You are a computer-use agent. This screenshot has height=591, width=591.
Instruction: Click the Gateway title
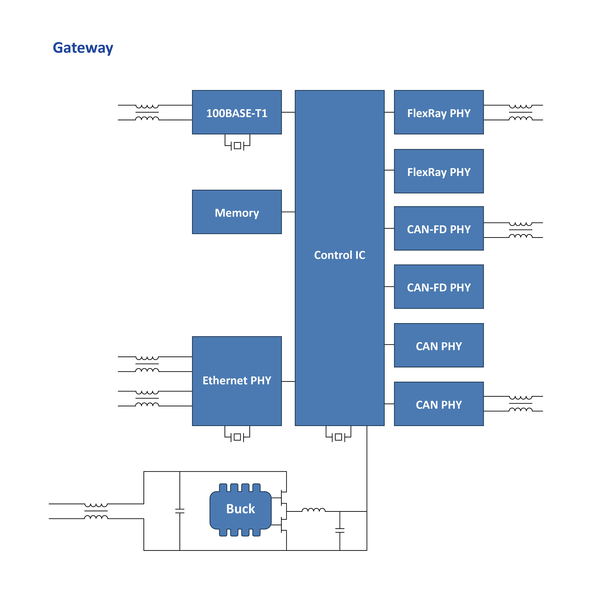[83, 48]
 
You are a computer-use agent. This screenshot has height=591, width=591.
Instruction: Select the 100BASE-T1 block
[237, 112]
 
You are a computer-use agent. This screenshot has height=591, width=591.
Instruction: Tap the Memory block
[237, 212]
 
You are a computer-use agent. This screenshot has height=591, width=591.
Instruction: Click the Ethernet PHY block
[237, 381]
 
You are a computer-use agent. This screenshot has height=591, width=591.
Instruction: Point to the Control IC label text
[340, 255]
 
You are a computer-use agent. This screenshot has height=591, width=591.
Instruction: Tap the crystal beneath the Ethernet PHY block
[237, 437]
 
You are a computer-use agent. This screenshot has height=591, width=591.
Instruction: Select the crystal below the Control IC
[338, 437]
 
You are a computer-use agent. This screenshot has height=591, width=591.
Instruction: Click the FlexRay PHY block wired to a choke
[439, 112]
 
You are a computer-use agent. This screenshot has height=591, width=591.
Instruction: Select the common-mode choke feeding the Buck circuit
[96, 511]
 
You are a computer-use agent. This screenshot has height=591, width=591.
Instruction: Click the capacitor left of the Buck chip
[180, 511]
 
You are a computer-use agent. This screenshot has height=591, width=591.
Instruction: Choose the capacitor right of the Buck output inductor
[340, 530]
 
